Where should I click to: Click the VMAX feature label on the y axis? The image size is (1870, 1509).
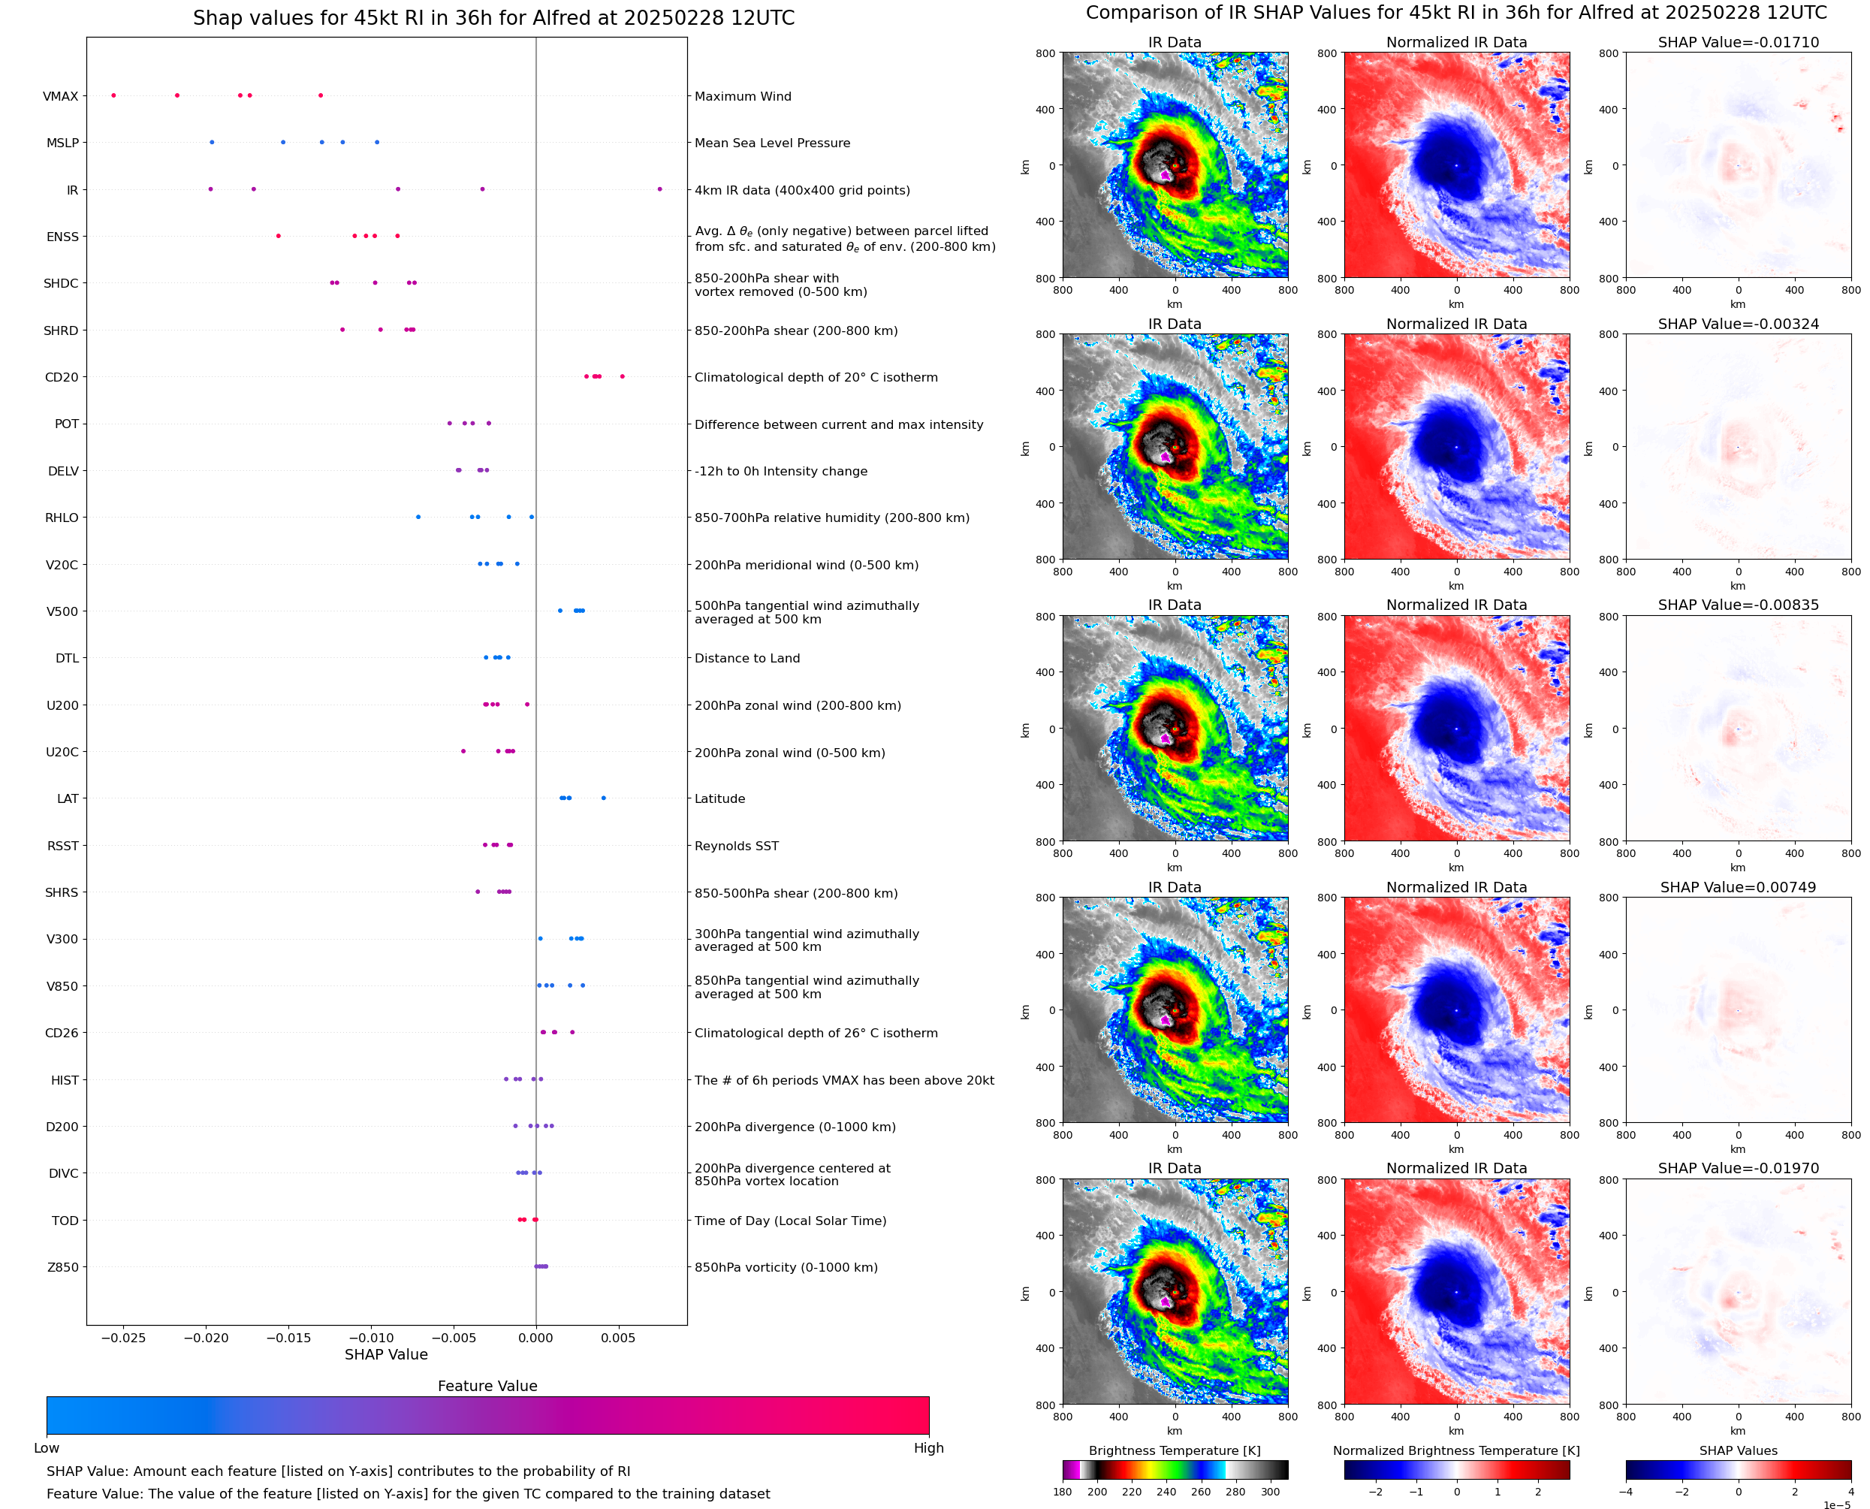click(60, 96)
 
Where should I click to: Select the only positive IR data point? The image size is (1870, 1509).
click(659, 189)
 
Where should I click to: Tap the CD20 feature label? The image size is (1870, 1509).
click(61, 377)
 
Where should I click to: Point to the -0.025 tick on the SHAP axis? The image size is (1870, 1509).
click(123, 1338)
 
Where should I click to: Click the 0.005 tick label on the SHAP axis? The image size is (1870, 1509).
click(618, 1338)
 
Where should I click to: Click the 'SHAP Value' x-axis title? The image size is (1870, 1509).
click(386, 1355)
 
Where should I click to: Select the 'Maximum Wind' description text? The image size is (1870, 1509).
click(743, 96)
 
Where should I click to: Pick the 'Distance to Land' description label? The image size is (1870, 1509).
click(747, 658)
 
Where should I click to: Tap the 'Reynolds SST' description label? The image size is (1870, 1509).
click(737, 846)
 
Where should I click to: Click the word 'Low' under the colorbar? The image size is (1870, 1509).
click(46, 1448)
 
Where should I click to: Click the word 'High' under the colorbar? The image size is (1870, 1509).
click(928, 1448)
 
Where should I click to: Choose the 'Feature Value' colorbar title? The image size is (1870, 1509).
click(487, 1387)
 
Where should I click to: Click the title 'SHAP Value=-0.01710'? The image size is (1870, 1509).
click(1738, 42)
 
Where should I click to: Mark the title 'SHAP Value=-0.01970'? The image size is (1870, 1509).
click(1738, 1168)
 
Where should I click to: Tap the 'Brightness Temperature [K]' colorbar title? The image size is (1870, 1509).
click(1175, 1450)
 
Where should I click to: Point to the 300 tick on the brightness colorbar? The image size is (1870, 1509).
click(1271, 1492)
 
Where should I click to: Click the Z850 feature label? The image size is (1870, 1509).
click(62, 1267)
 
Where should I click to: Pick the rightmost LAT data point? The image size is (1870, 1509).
click(604, 798)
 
